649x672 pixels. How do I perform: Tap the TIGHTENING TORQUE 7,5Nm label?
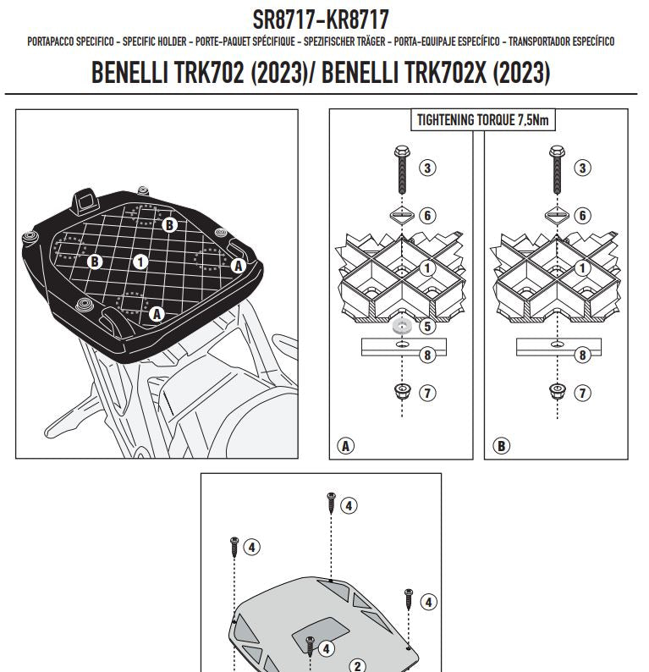coord(482,120)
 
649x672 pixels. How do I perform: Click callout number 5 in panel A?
coord(427,326)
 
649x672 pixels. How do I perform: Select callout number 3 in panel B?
coord(583,168)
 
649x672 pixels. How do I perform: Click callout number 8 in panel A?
coord(427,355)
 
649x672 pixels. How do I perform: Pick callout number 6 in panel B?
coord(583,216)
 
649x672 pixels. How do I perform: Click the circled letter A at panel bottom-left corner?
coord(344,444)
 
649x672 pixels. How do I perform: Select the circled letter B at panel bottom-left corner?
coord(500,444)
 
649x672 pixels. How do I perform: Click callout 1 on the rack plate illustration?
coord(140,261)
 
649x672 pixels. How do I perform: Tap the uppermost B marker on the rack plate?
coord(170,225)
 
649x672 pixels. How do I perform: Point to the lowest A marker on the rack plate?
coord(156,313)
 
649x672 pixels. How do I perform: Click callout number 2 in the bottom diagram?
coord(357,665)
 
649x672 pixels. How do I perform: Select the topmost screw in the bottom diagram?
coord(331,503)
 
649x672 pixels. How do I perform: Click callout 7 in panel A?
coord(427,393)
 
